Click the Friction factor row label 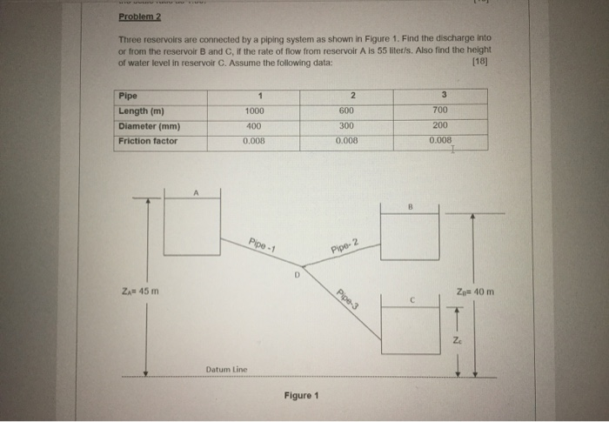(148, 139)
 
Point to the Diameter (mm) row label (149, 125)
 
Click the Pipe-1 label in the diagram (261, 244)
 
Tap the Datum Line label (227, 369)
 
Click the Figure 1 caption (301, 395)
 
